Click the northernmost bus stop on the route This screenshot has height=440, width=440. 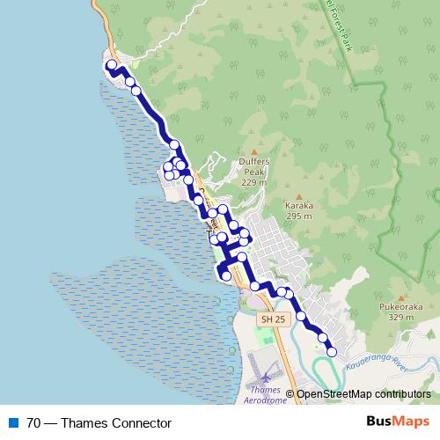(x=112, y=64)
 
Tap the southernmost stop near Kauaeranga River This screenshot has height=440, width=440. (x=332, y=352)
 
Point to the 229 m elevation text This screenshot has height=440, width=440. (x=253, y=182)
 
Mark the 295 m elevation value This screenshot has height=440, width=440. (x=299, y=216)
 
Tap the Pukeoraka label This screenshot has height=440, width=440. (x=400, y=306)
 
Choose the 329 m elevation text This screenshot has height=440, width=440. (x=400, y=318)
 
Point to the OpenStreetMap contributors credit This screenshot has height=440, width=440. (x=363, y=393)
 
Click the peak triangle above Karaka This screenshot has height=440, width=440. (x=299, y=195)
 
